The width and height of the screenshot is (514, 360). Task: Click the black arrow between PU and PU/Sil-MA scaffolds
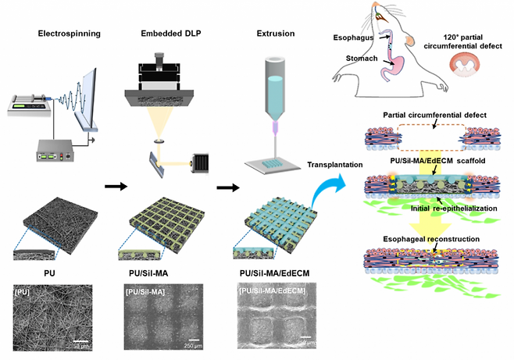115,187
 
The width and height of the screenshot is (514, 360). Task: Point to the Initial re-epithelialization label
438,210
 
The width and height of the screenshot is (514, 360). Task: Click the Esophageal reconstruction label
432,241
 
